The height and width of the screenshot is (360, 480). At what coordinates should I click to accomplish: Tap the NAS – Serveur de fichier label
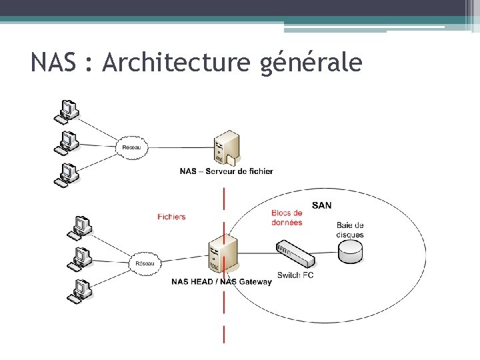[x=226, y=171]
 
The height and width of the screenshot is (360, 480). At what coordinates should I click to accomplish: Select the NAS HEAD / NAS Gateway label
[x=221, y=281]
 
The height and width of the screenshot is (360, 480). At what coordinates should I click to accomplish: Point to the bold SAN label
[x=321, y=205]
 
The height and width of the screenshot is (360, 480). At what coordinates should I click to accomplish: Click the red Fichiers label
[x=171, y=217]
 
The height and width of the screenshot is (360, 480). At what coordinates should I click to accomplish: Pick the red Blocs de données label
[x=287, y=218]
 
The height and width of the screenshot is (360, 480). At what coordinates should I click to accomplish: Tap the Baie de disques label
[x=350, y=230]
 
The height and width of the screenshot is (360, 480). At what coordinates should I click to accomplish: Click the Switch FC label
[x=295, y=275]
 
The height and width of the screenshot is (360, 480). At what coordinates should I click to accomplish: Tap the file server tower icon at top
[x=225, y=147]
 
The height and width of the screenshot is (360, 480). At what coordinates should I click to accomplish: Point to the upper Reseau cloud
[x=134, y=147]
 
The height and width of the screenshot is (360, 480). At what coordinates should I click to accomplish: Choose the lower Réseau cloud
[x=144, y=263]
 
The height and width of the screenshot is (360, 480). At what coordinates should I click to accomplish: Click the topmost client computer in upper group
[x=67, y=111]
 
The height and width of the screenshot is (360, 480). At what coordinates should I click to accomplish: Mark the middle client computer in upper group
[x=67, y=142]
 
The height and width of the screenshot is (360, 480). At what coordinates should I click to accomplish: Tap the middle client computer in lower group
[x=81, y=257]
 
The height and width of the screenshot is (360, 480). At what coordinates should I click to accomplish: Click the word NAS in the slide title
[x=53, y=63]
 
